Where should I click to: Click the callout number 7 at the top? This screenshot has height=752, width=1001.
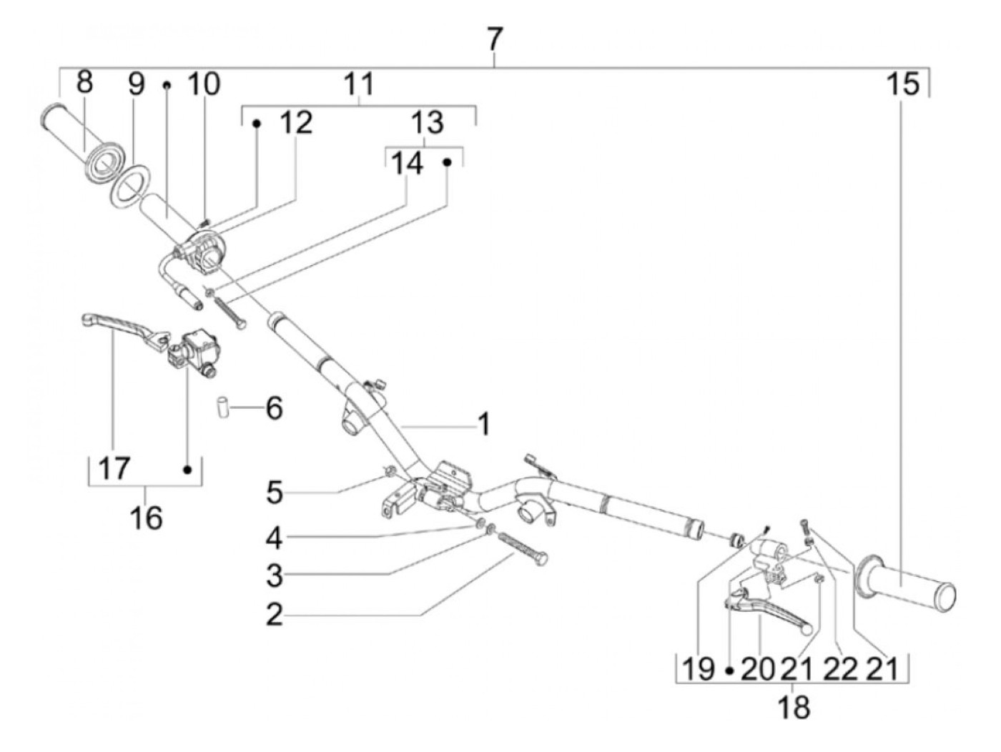point(495,39)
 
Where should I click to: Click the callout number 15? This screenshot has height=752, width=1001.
point(902,85)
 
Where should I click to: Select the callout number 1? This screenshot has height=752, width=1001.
point(483,425)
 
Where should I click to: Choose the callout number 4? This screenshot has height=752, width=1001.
point(275,538)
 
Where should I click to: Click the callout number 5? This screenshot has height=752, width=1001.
point(275,493)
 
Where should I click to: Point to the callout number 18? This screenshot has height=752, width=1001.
point(794,708)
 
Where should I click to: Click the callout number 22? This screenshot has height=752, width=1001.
point(839,670)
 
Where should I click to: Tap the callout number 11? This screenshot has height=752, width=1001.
point(358,84)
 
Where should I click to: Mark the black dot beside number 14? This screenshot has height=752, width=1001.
point(448,162)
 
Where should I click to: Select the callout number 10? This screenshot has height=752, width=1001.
point(203,84)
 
